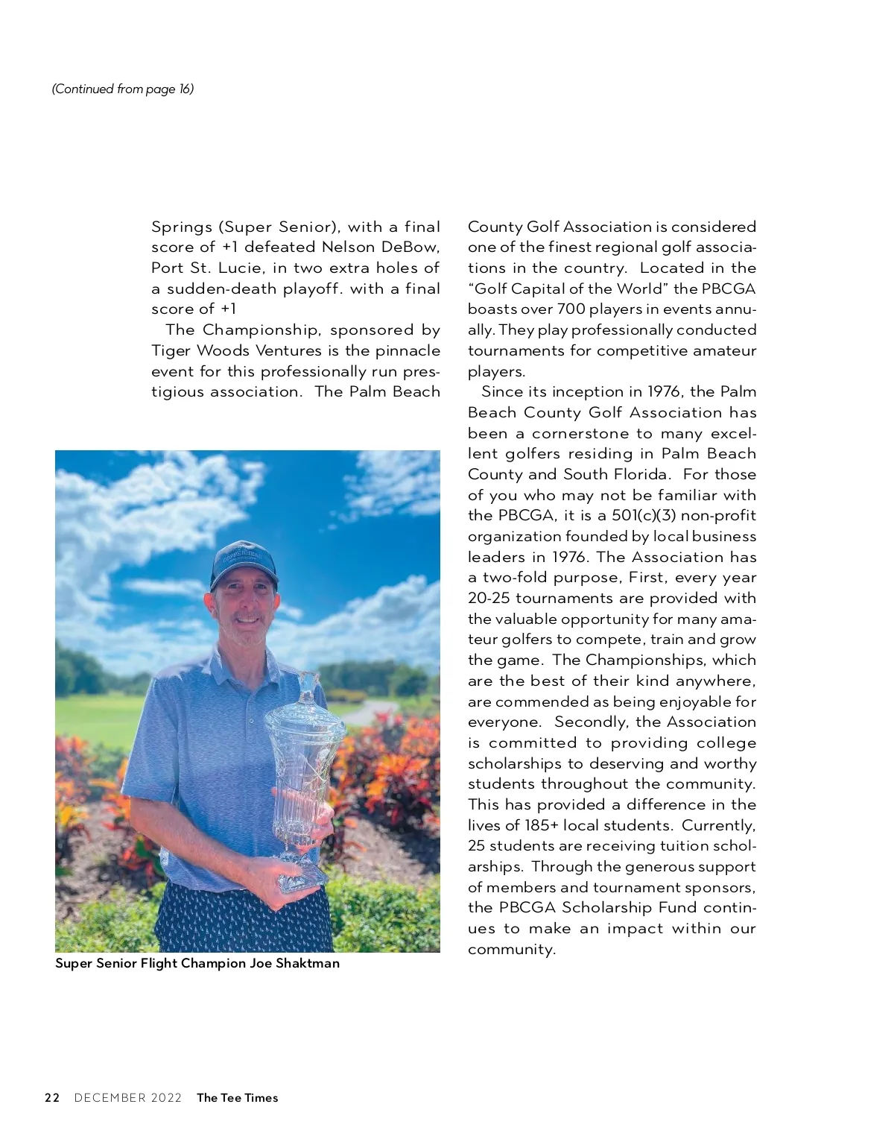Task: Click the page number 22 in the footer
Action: coord(52,1097)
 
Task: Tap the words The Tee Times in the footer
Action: coord(237,1097)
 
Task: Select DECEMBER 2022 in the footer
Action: coord(128,1097)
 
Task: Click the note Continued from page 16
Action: coord(123,89)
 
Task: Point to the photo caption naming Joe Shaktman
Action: coord(197,963)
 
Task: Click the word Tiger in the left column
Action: coord(171,350)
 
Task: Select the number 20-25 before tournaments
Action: coord(489,598)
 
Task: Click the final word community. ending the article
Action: coord(512,949)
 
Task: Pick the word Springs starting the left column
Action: coord(182,227)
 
